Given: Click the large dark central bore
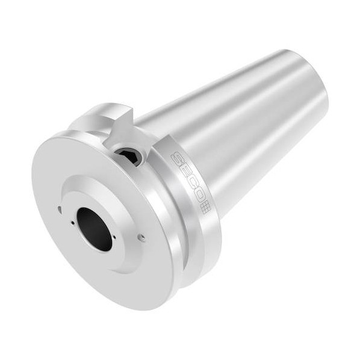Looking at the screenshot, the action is (95, 229).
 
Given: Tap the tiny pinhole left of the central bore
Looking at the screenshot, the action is (73, 222).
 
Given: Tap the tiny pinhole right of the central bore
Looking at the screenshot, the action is (114, 237).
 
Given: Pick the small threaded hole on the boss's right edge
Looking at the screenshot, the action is (142, 238).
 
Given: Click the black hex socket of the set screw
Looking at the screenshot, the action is (129, 157).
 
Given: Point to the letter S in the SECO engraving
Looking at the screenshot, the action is (178, 158).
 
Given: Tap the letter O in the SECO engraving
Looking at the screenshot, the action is (197, 196).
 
